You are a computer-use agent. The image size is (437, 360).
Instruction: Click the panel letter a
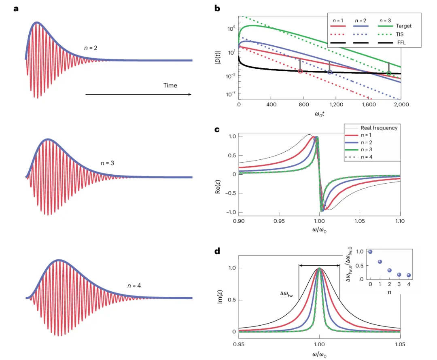click(x=16, y=8)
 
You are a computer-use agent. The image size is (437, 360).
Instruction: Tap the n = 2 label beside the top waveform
click(x=91, y=48)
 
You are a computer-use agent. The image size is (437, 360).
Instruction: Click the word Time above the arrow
click(x=170, y=85)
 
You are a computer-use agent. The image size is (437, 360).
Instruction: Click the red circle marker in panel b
click(x=300, y=71)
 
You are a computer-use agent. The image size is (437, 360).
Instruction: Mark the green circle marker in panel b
click(x=389, y=73)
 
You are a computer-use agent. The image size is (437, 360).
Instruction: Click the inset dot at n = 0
click(x=370, y=252)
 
